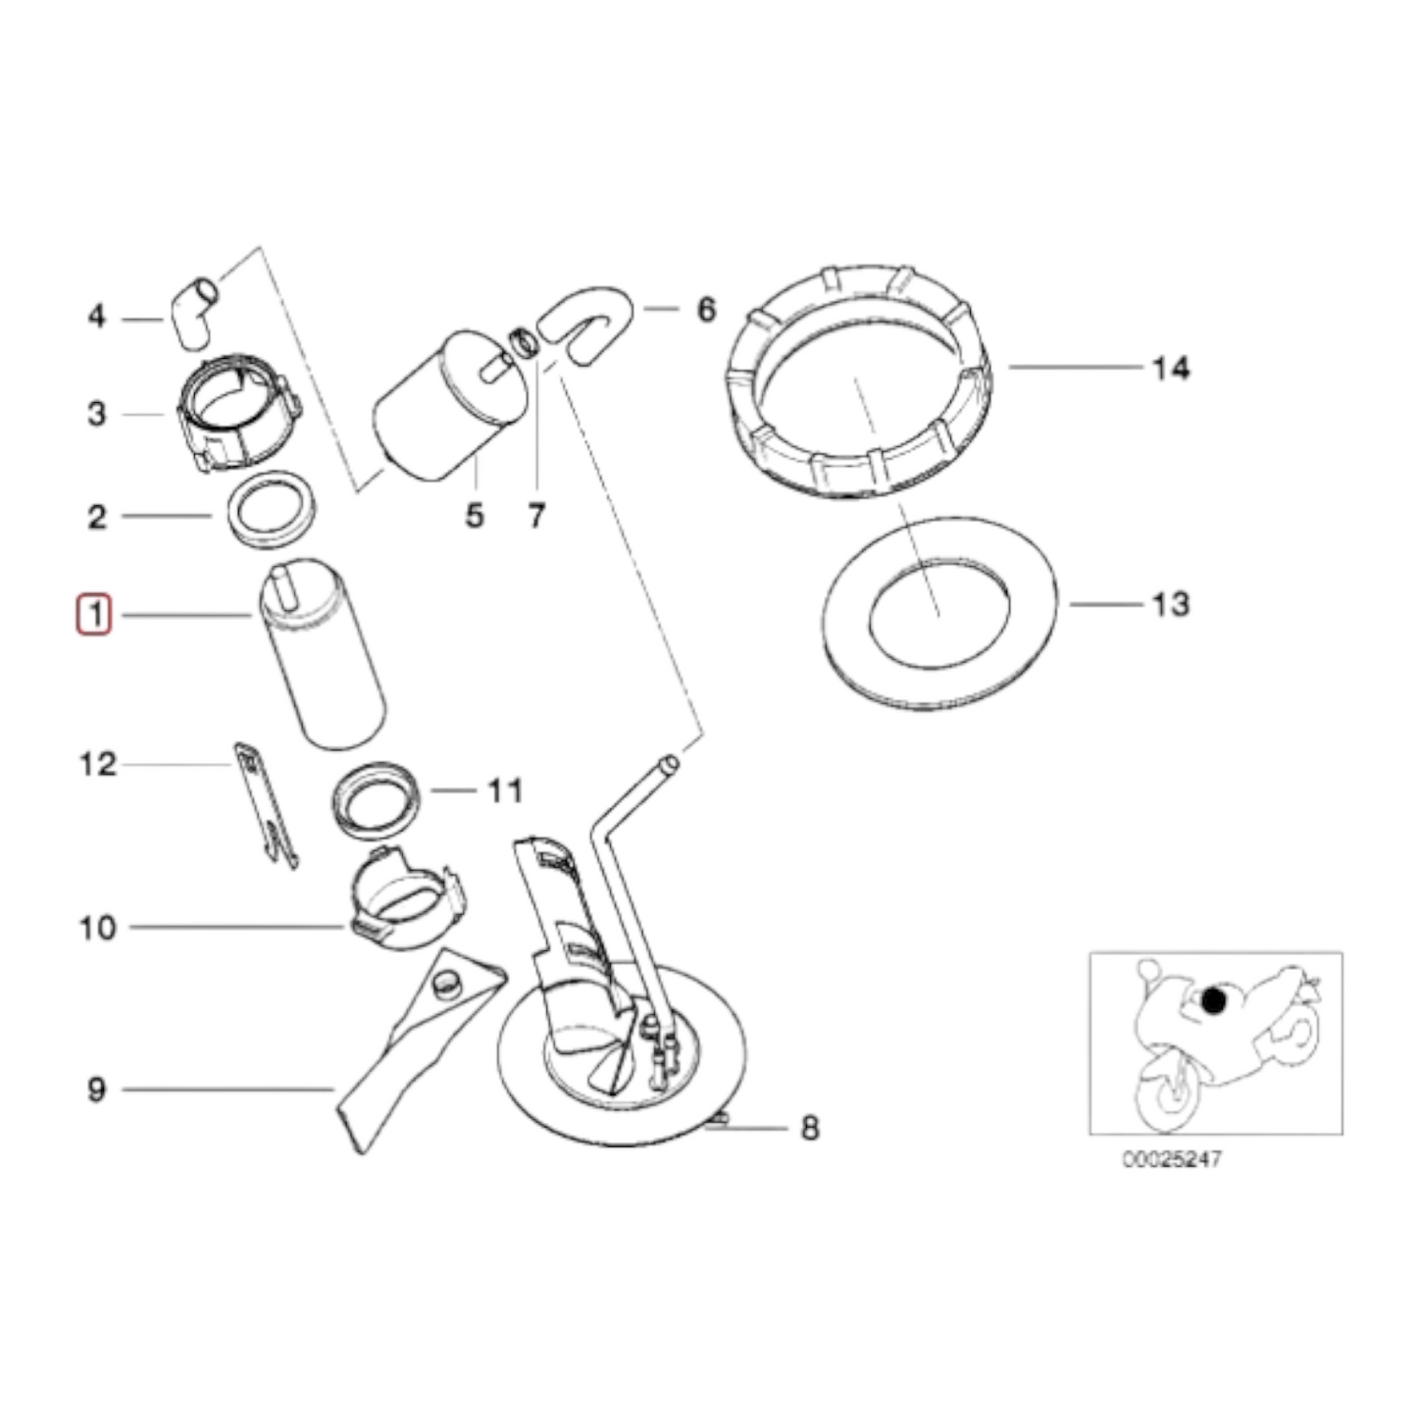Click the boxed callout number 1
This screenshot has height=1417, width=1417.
[x=95, y=616]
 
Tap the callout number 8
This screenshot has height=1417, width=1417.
[x=809, y=1128]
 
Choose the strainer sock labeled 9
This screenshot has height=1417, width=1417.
[x=412, y=1049]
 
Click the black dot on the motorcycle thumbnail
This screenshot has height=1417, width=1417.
[x=1214, y=1001]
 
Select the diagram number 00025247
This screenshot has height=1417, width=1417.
[x=1172, y=1159]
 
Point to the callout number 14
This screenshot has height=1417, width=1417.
[x=1170, y=369]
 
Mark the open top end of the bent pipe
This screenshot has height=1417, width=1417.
[x=668, y=762]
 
